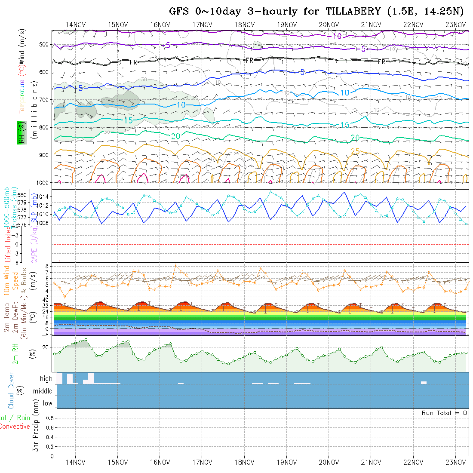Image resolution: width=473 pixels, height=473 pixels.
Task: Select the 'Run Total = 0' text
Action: tap(444, 413)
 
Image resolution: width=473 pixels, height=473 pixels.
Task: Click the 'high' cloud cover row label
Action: tap(46, 379)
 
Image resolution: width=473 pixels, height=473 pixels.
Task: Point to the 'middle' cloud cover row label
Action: tap(43, 391)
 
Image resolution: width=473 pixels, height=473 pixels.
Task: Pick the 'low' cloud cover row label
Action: tap(47, 403)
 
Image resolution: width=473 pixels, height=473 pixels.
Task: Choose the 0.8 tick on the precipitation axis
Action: tap(49, 418)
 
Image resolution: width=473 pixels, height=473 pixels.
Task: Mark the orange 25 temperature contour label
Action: tap(355, 151)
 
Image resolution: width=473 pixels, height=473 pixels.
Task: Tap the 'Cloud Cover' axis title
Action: tap(11, 391)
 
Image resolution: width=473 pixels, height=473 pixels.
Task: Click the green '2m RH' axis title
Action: tap(15, 354)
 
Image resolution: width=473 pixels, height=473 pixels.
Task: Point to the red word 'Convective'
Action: tap(15, 427)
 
